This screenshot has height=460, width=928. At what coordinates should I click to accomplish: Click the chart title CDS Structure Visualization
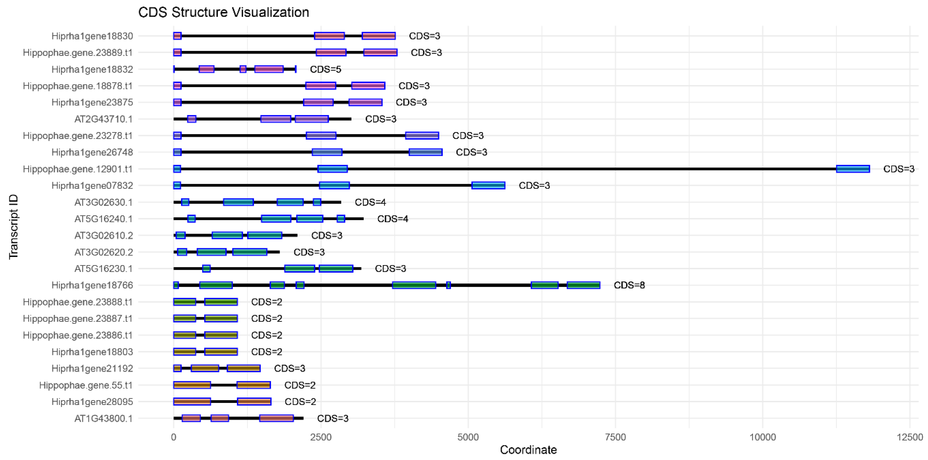coord(223,12)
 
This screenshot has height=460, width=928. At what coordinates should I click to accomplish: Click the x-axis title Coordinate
coord(528,449)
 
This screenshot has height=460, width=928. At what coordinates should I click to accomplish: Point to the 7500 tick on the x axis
coord(615,437)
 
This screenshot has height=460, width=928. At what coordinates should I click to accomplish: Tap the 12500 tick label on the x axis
coord(909,437)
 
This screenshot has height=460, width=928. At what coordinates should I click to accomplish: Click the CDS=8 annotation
coord(629,285)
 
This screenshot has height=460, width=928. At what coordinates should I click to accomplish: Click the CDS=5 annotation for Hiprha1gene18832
coord(325,69)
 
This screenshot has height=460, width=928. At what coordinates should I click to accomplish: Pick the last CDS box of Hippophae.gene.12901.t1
coord(853,169)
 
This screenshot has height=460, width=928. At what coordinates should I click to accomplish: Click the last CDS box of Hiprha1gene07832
coord(488,185)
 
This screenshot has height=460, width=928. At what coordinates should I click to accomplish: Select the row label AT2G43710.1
coord(103,119)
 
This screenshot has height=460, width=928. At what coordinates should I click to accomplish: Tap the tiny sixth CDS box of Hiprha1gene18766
coord(448,285)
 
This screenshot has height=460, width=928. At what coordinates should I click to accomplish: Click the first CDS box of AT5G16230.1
coord(206,269)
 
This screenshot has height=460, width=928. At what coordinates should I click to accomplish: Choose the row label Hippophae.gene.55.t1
coord(86,385)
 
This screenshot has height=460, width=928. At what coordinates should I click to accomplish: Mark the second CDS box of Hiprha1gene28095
coord(254,402)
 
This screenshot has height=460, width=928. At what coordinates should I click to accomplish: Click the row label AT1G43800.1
coord(103,418)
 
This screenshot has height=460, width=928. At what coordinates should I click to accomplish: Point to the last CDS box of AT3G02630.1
coord(317,202)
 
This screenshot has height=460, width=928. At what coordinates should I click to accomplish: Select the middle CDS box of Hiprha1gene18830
coord(329,36)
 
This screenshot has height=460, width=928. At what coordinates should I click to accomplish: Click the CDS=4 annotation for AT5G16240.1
coord(392,219)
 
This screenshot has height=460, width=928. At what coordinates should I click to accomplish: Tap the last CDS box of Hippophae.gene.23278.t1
coord(422,136)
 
